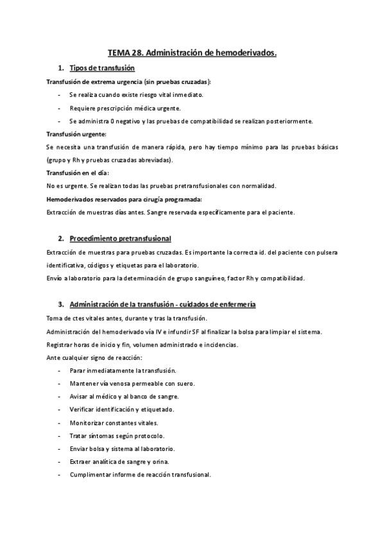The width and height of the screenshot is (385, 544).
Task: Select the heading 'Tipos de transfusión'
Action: coord(102,68)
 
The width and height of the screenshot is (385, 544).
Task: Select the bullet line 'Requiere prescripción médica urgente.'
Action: coord(125,108)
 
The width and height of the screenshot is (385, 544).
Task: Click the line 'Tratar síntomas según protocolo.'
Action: coord(112,436)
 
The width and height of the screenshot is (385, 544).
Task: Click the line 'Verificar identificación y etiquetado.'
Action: coord(121,410)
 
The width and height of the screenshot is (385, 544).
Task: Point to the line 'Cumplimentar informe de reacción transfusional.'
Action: coord(140,475)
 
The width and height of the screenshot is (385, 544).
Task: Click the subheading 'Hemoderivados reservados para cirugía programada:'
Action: coord(124,200)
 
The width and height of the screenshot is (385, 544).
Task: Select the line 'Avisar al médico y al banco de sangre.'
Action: coord(124,397)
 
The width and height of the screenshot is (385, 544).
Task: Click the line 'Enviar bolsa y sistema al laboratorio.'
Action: coord(122,449)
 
